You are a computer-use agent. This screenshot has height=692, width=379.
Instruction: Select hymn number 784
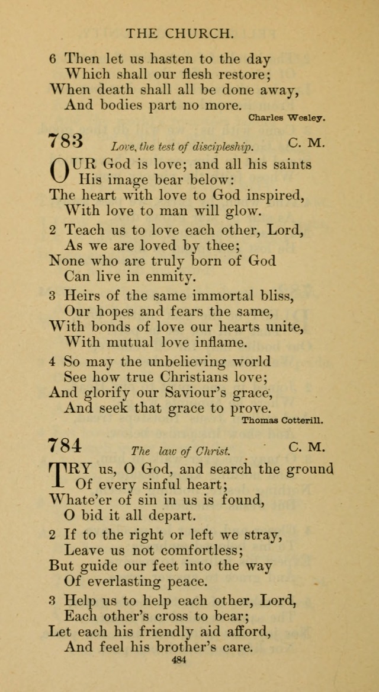(66, 444)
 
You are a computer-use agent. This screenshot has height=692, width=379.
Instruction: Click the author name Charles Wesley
(287, 118)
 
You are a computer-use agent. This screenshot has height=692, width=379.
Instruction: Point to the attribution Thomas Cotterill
(283, 420)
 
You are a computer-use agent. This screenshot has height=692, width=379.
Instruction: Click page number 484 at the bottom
(178, 660)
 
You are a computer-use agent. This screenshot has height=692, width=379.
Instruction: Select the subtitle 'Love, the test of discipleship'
(182, 146)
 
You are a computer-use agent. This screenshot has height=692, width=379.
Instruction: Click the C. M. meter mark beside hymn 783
(307, 143)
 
